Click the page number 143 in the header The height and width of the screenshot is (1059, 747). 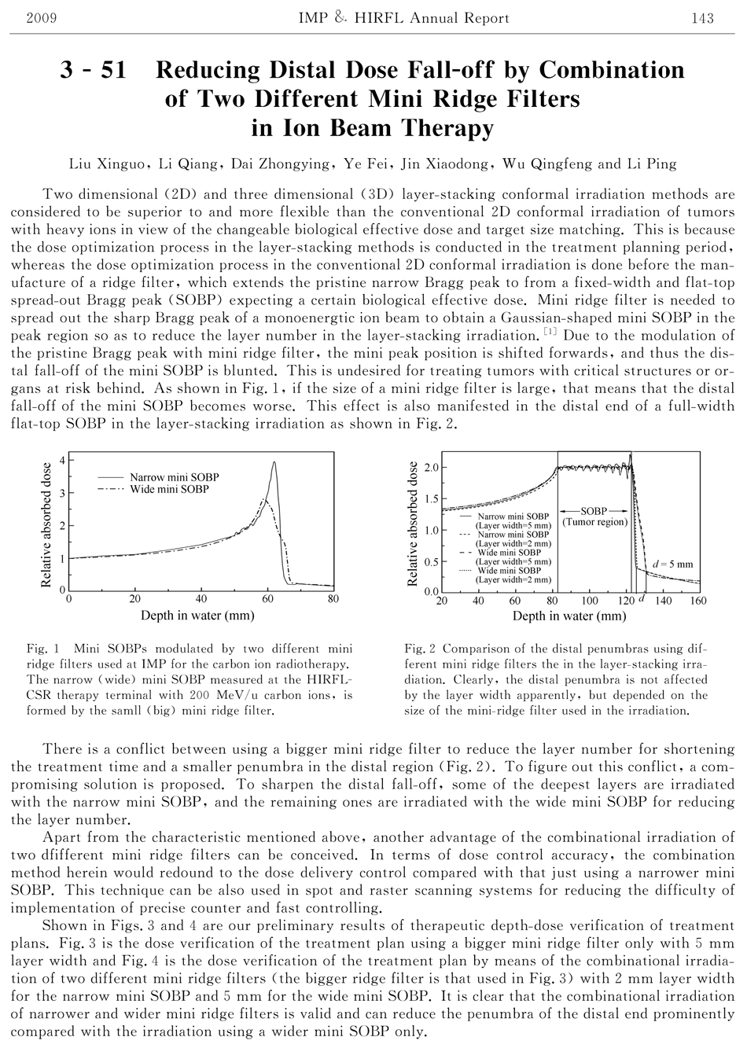(x=702, y=18)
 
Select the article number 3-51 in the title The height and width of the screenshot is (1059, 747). (x=94, y=72)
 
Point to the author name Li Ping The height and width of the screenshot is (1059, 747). (x=651, y=164)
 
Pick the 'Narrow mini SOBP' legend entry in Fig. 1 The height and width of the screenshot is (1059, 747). (x=174, y=477)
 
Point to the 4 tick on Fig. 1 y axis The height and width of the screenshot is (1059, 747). (x=62, y=459)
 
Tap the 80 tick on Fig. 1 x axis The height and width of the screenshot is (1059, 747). (x=333, y=599)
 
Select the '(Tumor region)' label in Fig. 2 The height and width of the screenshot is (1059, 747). (x=595, y=522)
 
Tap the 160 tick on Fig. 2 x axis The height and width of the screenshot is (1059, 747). (x=697, y=601)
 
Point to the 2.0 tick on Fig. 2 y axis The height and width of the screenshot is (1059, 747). (x=431, y=468)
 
